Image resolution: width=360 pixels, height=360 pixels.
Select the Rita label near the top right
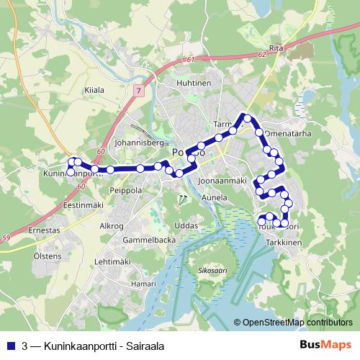tap(275, 48)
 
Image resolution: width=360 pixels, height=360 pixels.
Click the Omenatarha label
tap(288, 133)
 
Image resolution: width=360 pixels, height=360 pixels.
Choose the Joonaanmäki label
tap(222, 180)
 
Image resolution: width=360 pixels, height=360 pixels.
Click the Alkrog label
tap(112, 225)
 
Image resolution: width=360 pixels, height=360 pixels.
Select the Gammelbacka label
tap(144, 239)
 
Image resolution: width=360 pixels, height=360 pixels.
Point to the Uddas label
tap(186, 225)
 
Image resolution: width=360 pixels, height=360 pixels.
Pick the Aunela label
tap(215, 196)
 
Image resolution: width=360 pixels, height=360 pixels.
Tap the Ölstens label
tap(48, 256)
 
